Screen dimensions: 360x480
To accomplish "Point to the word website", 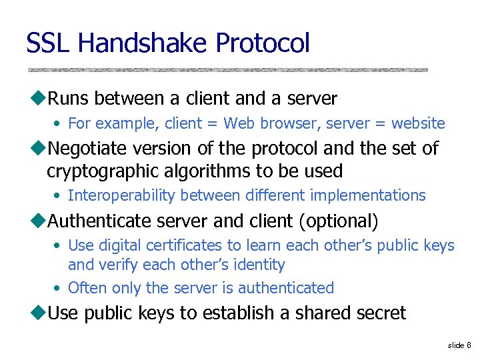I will pyautogui.click(x=418, y=123).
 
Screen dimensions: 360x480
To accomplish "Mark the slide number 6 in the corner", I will pyautogui.click(x=469, y=345).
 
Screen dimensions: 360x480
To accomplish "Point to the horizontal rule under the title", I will pyautogui.click(x=227, y=69).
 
